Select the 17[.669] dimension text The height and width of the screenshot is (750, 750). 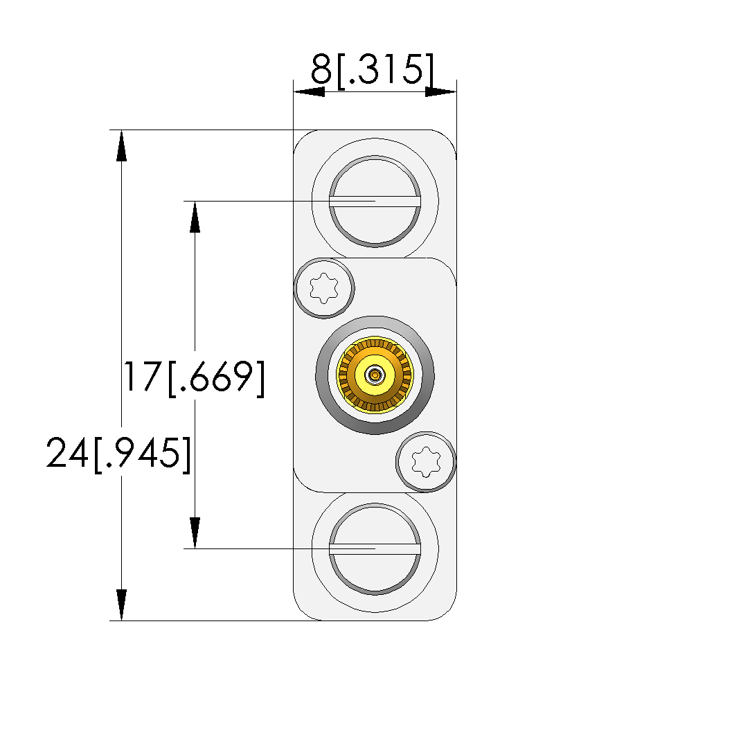[194, 378]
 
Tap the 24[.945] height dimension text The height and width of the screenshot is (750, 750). [118, 454]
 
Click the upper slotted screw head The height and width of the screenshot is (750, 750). [375, 202]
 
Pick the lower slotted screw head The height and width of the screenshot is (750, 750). [375, 549]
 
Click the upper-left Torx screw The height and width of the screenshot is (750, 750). [324, 288]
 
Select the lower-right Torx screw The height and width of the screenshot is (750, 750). [426, 462]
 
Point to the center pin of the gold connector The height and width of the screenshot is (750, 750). [375, 375]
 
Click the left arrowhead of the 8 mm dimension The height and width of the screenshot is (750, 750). [309, 92]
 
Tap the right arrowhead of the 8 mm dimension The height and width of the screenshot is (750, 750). [441, 92]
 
